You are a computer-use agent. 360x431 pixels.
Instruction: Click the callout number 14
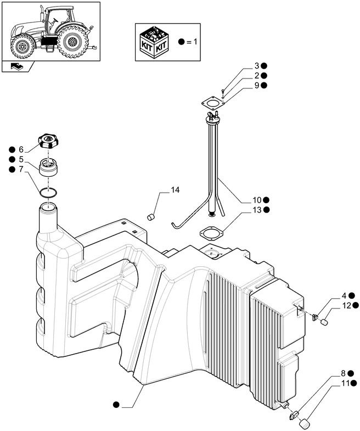click(175, 190)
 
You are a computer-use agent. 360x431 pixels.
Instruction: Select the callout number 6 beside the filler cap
click(21, 149)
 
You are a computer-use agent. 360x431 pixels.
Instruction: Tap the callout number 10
click(256, 200)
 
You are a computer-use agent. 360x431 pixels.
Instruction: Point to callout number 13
click(257, 210)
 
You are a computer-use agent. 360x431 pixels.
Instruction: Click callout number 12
click(347, 305)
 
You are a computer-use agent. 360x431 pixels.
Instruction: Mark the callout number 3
click(256, 65)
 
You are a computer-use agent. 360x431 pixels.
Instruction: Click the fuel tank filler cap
click(49, 142)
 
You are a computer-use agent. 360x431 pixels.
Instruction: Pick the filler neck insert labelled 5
click(49, 166)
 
